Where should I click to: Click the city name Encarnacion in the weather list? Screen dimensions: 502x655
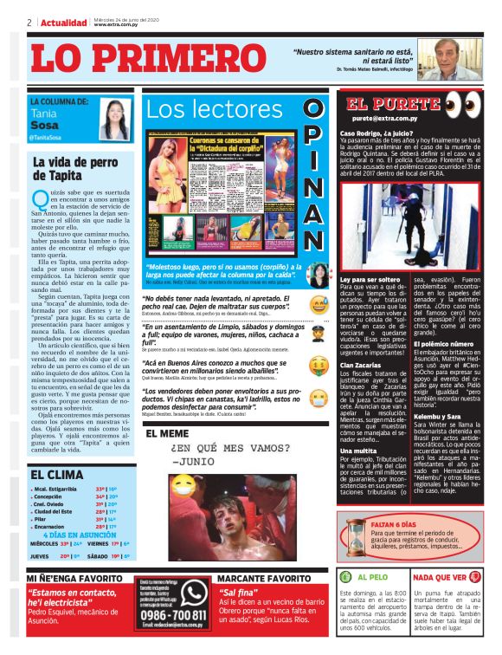point(53,527)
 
